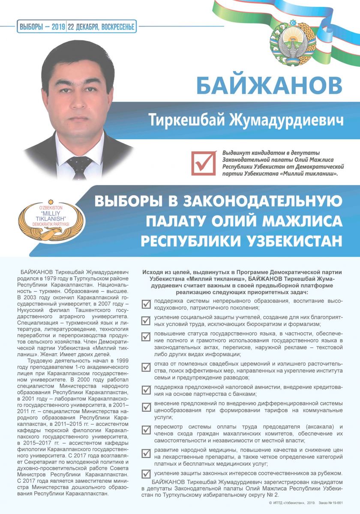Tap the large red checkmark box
(204, 162)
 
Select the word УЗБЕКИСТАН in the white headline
(292, 241)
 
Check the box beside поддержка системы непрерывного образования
(146, 304)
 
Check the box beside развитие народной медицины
(146, 454)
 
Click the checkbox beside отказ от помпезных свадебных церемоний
(146, 367)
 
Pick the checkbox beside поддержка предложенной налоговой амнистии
(146, 389)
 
